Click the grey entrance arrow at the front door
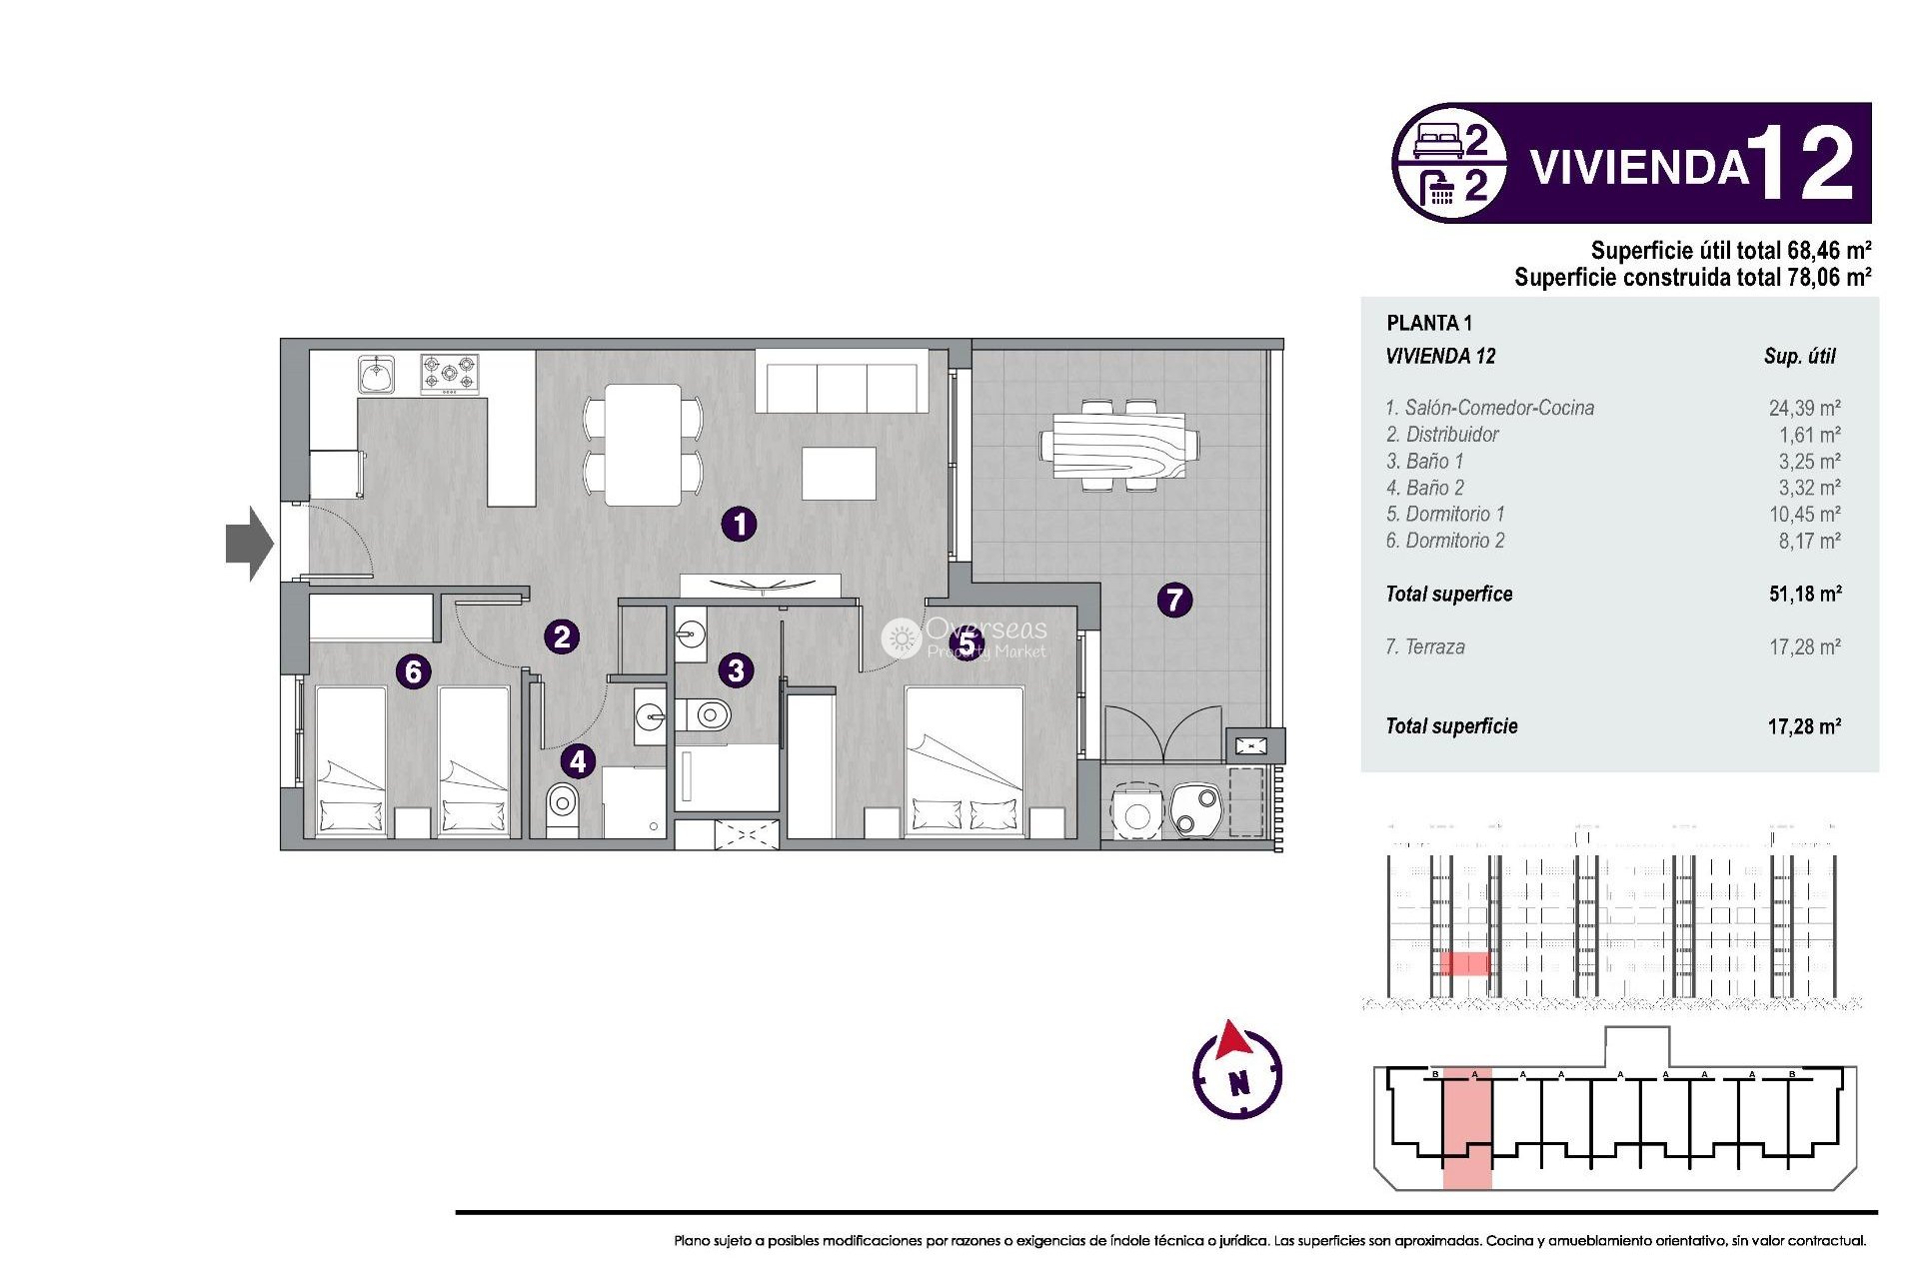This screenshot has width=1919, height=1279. pyautogui.click(x=249, y=544)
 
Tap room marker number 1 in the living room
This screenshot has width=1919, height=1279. pyautogui.click(x=739, y=524)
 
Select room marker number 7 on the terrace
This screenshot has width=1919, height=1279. pyautogui.click(x=1174, y=600)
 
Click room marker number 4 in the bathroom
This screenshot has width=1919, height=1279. pyautogui.click(x=578, y=761)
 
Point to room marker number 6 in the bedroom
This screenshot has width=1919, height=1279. pyautogui.click(x=413, y=671)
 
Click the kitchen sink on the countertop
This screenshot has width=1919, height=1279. pyautogui.click(x=377, y=376)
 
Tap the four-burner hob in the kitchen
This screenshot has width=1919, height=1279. pyautogui.click(x=449, y=375)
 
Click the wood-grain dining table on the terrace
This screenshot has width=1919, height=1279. pyautogui.click(x=1119, y=446)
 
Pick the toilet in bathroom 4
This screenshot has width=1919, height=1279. pyautogui.click(x=563, y=807)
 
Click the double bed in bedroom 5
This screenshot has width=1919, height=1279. pyautogui.click(x=964, y=759)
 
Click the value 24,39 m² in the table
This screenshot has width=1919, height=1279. pyautogui.click(x=1804, y=408)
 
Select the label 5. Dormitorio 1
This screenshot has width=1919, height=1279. pyautogui.click(x=1444, y=514)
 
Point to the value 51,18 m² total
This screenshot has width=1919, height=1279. pyautogui.click(x=1804, y=594)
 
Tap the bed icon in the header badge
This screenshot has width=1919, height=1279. pyautogui.click(x=1437, y=141)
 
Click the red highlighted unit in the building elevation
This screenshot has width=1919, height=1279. pyautogui.click(x=1464, y=963)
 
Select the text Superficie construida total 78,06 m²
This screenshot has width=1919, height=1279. pyautogui.click(x=1691, y=278)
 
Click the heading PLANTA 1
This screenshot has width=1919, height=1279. pyautogui.click(x=1428, y=323)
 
